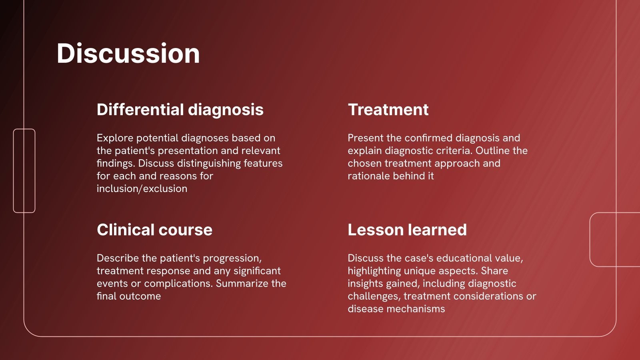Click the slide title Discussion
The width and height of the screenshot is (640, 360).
point(128,54)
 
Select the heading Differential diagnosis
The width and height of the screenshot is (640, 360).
point(180,110)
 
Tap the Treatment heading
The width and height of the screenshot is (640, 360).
point(388,110)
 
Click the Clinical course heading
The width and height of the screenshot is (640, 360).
point(154,230)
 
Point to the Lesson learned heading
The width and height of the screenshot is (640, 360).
point(407,230)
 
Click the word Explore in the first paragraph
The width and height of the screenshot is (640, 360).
point(115,138)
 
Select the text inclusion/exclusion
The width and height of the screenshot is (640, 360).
point(142,188)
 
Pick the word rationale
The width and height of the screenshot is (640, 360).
point(368,176)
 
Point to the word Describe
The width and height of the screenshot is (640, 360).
point(118,258)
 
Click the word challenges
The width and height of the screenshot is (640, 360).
point(374,296)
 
